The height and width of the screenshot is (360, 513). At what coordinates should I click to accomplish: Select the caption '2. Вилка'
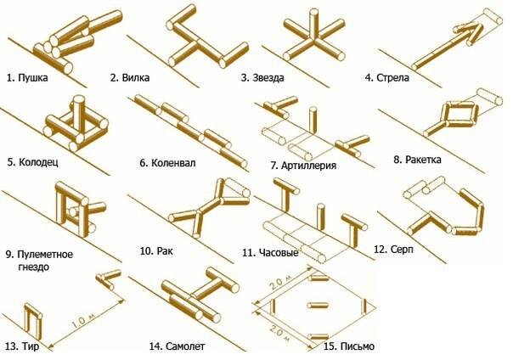130,78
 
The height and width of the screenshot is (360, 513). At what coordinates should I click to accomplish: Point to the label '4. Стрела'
387,78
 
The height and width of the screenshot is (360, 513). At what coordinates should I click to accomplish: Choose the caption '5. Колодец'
31,160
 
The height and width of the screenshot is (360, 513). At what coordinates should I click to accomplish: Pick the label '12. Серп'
391,249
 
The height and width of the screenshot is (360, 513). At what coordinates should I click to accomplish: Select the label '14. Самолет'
177,346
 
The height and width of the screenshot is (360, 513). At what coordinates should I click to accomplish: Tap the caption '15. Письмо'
344,346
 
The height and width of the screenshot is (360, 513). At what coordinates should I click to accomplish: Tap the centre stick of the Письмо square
313,304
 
